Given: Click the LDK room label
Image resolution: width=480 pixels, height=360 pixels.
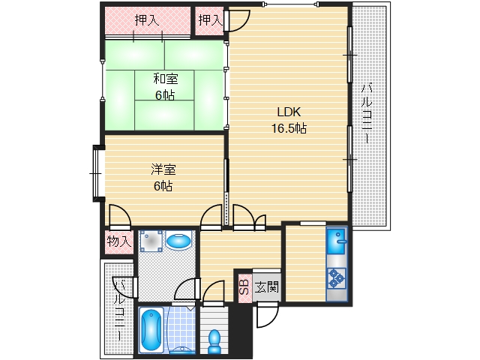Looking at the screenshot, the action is point(289,112).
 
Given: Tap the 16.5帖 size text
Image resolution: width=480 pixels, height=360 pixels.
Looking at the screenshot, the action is point(289,128).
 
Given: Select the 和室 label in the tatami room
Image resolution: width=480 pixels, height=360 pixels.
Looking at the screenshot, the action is point(165,79).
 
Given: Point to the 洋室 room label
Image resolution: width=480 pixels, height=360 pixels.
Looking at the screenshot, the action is point(163,169).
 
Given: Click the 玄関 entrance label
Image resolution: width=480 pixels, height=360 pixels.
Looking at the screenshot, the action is point(266,287).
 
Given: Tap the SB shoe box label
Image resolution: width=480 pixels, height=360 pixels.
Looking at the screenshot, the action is point(244,286).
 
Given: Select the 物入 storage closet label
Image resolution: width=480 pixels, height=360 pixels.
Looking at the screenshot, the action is point(119,241).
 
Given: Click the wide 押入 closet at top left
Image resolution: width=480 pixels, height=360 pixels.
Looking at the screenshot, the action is point(148,20).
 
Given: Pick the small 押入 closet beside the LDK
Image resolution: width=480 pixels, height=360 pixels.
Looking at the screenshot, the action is point(210,20).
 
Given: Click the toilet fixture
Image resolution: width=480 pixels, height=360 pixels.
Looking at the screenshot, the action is point(214,341).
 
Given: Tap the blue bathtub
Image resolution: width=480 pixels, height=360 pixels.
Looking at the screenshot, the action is point(151,329).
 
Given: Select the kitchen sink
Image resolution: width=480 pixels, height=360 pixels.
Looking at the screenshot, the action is point(337,241).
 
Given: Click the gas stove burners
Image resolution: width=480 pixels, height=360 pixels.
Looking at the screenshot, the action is point(337,278).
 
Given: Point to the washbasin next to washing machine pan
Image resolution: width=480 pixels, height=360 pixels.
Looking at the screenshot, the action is point(178,241).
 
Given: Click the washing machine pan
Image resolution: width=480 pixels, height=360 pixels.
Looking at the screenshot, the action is point(151,241).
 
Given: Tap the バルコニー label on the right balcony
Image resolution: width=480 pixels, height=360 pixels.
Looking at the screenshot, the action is point(366,113).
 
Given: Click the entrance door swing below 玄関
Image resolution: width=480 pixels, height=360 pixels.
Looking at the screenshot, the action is point(267,314).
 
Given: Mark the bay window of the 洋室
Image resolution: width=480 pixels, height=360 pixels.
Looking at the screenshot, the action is point(97,173).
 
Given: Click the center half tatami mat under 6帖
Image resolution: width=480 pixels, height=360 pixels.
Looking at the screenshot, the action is point(164,85).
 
